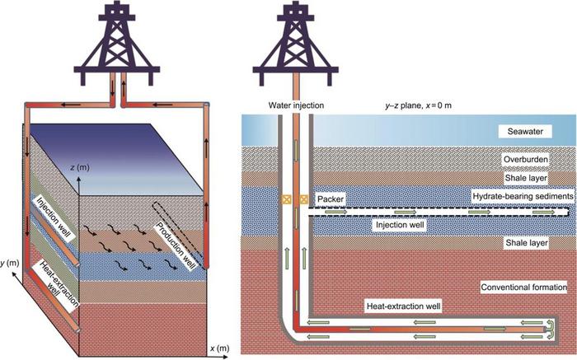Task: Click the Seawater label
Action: click(x=521, y=132)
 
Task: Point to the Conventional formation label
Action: click(x=522, y=287)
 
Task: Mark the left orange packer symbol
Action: click(x=286, y=199)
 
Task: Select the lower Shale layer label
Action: click(x=524, y=245)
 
